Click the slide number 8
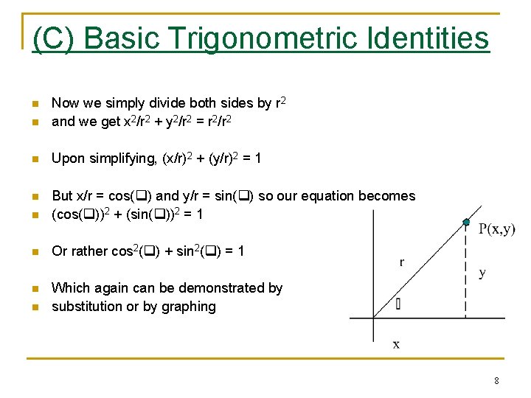point(496,381)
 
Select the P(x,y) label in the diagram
point(497,229)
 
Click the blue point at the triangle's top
point(466,221)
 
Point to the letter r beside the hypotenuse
point(401,262)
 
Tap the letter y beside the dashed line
point(482,273)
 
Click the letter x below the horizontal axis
point(396,344)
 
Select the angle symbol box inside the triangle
point(398,303)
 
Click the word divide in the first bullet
point(156,104)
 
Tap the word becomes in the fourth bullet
point(388,196)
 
